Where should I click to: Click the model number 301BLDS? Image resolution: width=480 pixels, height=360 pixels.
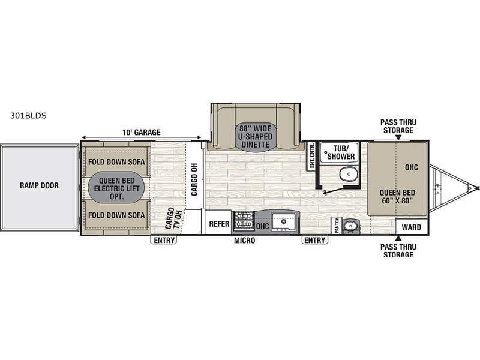[x=28, y=116]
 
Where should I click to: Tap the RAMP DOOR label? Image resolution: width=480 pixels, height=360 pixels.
[x=39, y=185]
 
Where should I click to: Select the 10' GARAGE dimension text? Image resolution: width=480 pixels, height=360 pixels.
[x=141, y=132]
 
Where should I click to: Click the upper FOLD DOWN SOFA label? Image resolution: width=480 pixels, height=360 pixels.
[x=116, y=161]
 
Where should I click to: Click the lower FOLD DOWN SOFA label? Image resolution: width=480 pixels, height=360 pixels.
[x=116, y=215]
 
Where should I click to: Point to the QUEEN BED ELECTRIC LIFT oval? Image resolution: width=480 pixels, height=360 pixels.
[x=116, y=188]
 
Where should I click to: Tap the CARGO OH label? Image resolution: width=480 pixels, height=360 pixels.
[x=194, y=179]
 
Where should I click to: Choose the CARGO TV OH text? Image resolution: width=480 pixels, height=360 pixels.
[x=173, y=218]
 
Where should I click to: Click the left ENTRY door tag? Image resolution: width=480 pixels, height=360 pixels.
[x=164, y=241]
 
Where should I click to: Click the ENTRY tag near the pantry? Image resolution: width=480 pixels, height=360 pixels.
[x=314, y=241]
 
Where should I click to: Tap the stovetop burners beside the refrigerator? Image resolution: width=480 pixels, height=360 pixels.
[x=244, y=221]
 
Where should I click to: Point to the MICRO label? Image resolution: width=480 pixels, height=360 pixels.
[x=244, y=241]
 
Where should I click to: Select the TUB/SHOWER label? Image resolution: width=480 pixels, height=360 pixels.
[x=341, y=152]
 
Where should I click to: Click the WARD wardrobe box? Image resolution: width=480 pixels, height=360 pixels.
[x=411, y=227]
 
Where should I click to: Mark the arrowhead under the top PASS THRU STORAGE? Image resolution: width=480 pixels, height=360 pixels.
[x=398, y=138]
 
